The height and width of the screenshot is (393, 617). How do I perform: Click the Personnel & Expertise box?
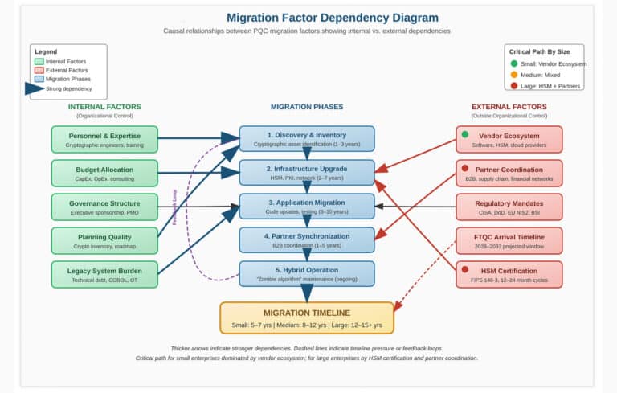coord(104,139)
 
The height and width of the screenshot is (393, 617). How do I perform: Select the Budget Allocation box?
coord(104,173)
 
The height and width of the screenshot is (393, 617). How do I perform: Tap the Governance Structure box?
coord(104,207)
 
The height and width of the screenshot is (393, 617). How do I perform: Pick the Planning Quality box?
coord(104,240)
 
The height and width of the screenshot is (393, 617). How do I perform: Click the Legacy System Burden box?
coord(104,274)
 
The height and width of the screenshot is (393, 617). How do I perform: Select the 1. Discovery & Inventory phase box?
coord(307,139)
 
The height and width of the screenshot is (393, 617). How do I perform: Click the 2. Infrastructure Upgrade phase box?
coord(307,173)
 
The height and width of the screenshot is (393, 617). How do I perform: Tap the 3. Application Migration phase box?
coord(307,207)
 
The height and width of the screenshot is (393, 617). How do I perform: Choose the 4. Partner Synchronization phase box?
coord(307,240)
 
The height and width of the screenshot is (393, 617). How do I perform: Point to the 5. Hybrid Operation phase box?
coord(307,274)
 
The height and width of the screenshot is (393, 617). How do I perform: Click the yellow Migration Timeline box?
coord(307,317)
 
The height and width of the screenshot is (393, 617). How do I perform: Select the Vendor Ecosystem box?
coord(509,139)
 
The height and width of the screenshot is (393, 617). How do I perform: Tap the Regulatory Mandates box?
coord(509,207)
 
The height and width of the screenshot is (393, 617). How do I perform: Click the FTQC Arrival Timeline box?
coord(509,240)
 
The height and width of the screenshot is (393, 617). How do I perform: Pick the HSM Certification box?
coord(509,274)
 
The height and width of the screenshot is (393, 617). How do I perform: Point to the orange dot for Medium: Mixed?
coord(514,74)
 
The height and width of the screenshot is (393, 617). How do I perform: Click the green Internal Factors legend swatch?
coord(39,61)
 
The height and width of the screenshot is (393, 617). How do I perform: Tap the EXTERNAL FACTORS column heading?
coord(509,107)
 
